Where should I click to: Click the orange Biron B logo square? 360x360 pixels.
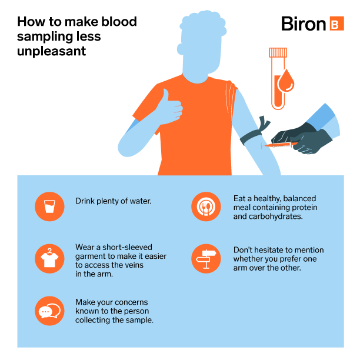tap(337, 24)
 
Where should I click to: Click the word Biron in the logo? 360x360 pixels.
tap(304, 24)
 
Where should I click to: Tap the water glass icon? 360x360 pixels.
tap(49, 206)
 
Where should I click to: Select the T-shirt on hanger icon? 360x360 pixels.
tap(49, 258)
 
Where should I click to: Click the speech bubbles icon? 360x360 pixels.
tap(49, 311)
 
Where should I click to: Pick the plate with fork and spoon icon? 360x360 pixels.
tap(206, 206)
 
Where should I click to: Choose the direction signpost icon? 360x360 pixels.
tap(206, 259)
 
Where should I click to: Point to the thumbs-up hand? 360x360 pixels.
tap(169, 107)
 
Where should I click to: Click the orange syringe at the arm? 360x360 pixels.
tap(280, 145)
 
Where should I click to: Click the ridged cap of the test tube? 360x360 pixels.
tap(278, 52)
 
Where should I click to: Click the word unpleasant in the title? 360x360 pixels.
tap(51, 51)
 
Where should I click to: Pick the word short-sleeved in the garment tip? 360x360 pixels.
tap(127, 247)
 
